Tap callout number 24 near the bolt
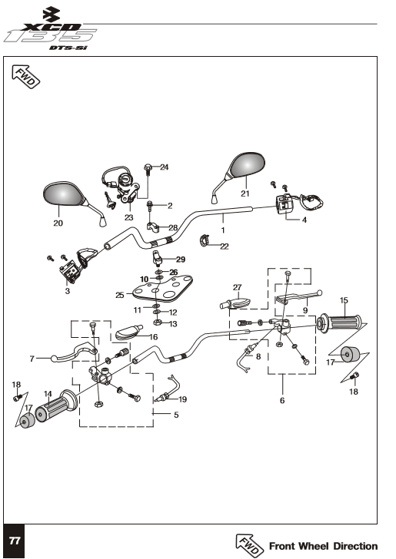[x=165, y=167]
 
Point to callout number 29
[x=181, y=260]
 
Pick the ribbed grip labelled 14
[x=56, y=405]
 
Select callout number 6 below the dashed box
[x=282, y=400]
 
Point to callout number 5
[x=176, y=415]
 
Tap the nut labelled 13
[x=157, y=323]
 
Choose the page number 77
[x=15, y=541]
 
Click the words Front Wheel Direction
[x=323, y=546]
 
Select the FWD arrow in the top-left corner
[x=26, y=76]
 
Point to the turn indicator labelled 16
[x=128, y=332]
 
